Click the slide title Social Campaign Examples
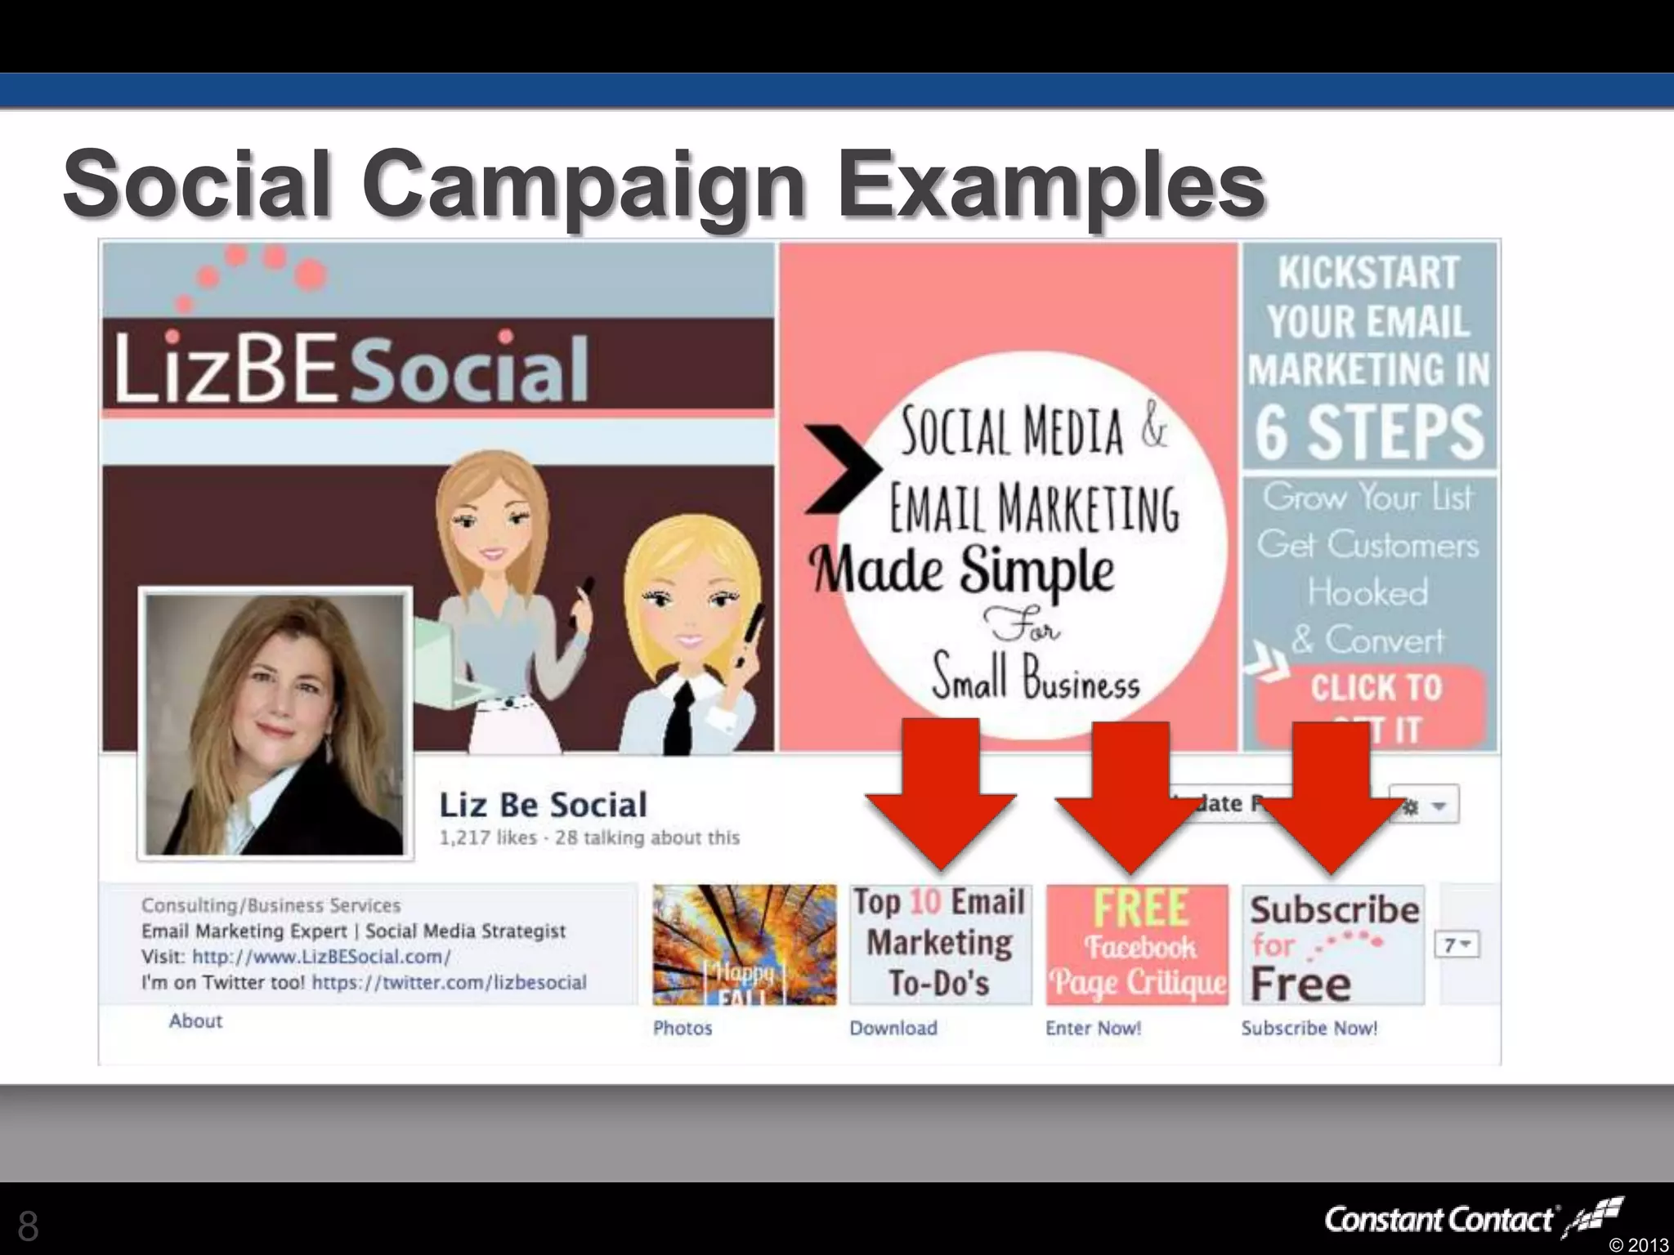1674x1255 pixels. pos(664,184)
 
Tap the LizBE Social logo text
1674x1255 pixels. pos(351,369)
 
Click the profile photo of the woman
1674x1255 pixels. pos(275,724)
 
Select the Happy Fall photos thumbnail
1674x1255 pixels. pos(744,945)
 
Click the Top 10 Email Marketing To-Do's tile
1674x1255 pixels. pos(940,945)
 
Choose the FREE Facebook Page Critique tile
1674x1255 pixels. pos(1137,945)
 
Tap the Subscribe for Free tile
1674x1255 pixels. pos(1333,945)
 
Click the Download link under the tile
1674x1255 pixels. pos(893,1028)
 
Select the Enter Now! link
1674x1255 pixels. pos(1093,1028)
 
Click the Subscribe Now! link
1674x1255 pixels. pos(1309,1028)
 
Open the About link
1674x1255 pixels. pos(195,1021)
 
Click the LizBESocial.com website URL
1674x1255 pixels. pos(321,957)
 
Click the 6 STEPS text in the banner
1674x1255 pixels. pos(1369,432)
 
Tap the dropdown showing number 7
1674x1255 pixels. pos(1457,945)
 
